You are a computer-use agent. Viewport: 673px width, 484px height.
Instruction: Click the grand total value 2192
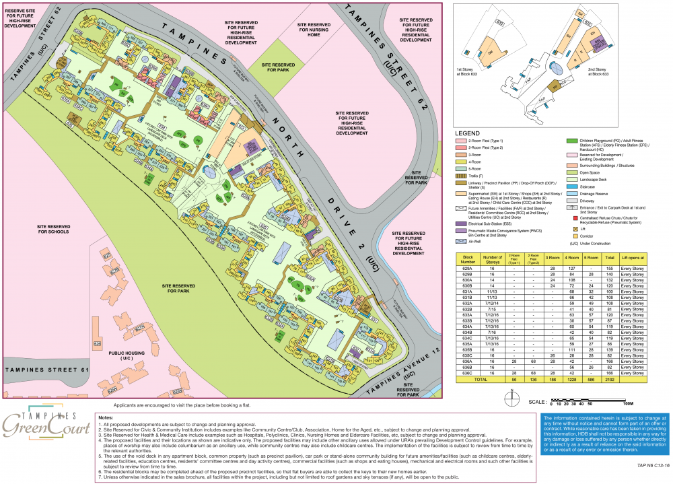pyautogui.click(x=610, y=380)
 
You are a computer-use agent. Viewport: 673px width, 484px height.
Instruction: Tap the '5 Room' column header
pyautogui.click(x=592, y=257)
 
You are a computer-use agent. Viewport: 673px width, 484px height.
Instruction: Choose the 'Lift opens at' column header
pyautogui.click(x=637, y=257)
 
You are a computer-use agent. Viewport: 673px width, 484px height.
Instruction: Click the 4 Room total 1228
pyautogui.click(x=574, y=380)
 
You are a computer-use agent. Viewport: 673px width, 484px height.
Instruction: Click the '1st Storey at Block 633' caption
pyautogui.click(x=471, y=71)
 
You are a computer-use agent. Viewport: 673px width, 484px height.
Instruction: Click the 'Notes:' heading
pyautogui.click(x=108, y=417)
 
